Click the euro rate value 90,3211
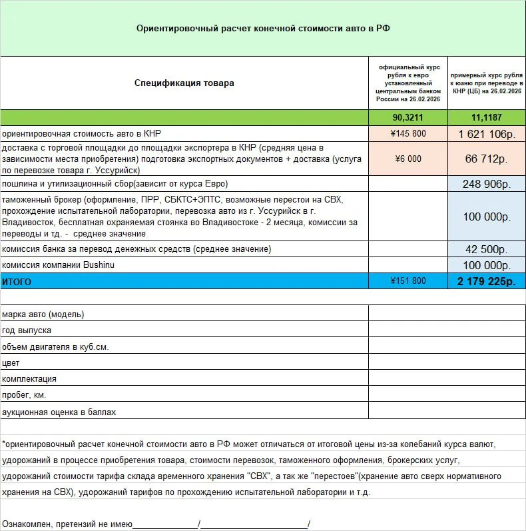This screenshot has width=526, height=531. click(x=409, y=117)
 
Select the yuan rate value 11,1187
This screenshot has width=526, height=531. click(x=486, y=117)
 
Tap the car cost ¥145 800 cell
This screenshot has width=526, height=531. click(x=409, y=133)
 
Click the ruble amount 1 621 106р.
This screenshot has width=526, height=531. click(x=486, y=133)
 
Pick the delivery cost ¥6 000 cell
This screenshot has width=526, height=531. click(x=409, y=159)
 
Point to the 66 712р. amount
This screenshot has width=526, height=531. click(x=486, y=159)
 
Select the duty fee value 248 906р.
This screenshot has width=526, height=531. click(x=486, y=184)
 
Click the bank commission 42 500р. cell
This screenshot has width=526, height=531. click(x=486, y=249)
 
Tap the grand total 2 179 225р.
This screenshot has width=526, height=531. click(x=486, y=281)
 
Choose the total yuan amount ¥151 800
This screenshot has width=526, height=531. click(x=409, y=281)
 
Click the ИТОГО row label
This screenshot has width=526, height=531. click(x=17, y=281)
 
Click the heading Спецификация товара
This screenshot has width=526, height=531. click(x=184, y=83)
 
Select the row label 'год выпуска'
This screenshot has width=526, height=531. click(x=27, y=330)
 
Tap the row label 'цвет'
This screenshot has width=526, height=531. click(x=11, y=363)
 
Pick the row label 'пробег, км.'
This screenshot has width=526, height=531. click(x=25, y=396)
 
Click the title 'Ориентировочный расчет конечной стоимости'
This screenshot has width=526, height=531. click(x=262, y=29)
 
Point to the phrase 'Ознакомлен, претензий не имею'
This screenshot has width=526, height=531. click(x=67, y=524)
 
